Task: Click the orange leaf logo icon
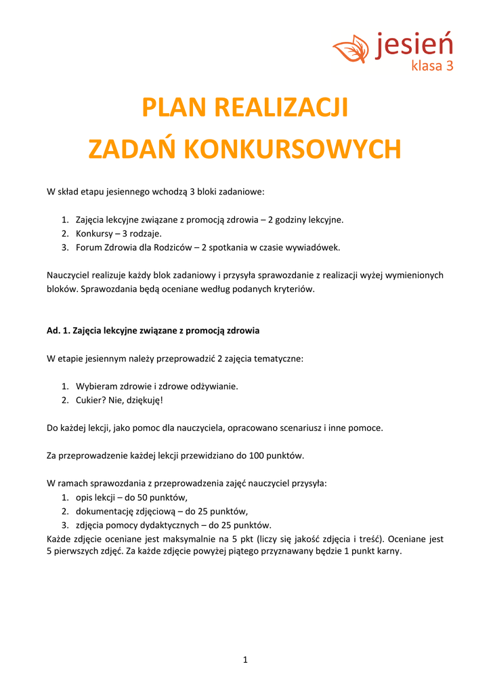[x=351, y=49]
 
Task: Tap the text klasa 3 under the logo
[x=432, y=66]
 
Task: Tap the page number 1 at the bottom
[x=245, y=659]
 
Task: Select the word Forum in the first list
[x=88, y=247]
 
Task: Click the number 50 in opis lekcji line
[x=146, y=497]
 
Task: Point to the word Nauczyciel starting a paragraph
[x=69, y=275]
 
